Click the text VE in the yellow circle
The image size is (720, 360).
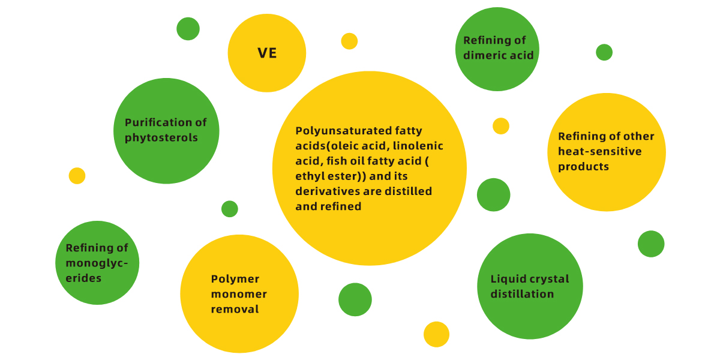267,53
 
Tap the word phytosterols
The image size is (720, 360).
161,138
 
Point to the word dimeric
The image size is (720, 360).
485,55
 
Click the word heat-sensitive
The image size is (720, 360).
600,151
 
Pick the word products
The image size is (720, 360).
583,167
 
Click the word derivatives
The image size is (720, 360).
338,191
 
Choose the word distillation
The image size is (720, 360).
523,294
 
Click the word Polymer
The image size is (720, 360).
235,279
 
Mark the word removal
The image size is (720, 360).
235,309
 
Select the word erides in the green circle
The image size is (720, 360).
83,278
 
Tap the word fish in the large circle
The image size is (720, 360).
337,161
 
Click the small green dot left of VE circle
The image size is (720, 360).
188,29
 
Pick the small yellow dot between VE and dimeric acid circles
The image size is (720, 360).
349,41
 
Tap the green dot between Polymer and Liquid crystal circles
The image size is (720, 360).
355,299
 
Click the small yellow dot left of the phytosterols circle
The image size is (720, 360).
77,176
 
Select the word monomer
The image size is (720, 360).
239,294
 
